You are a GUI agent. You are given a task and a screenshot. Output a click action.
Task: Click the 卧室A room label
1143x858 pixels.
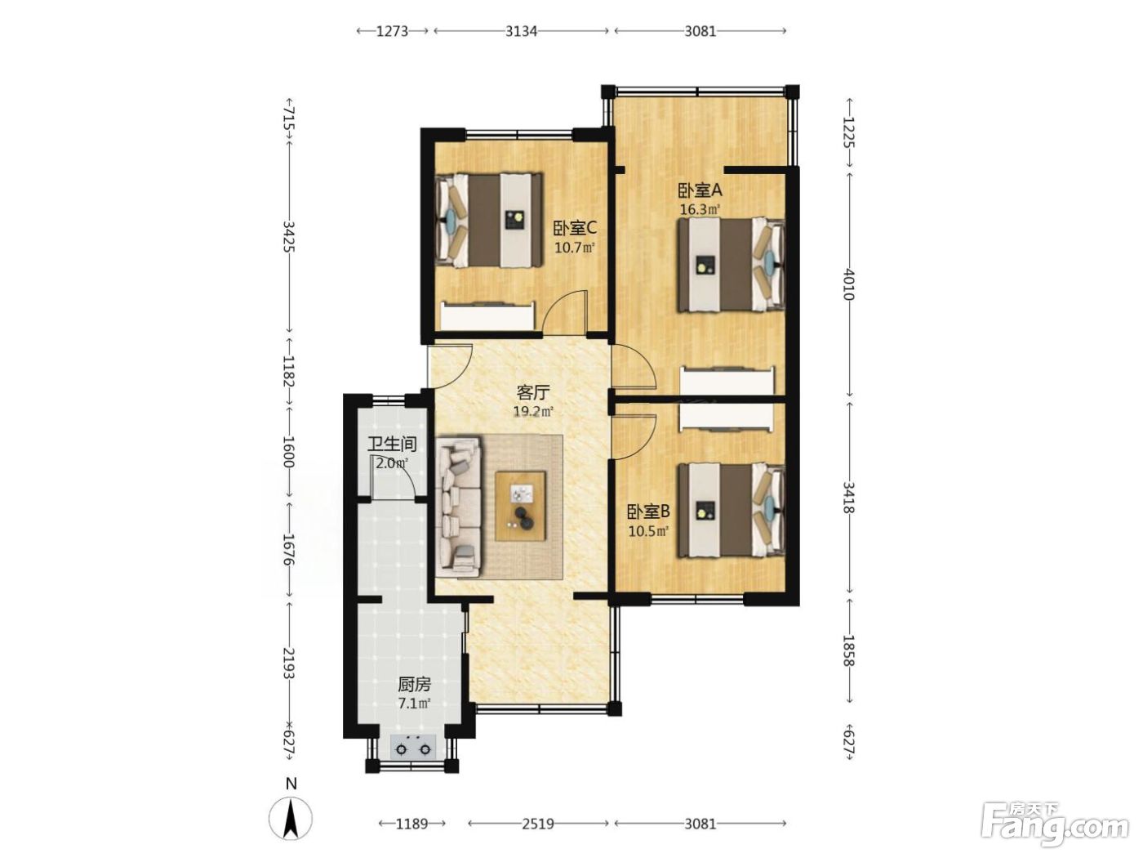click(x=700, y=190)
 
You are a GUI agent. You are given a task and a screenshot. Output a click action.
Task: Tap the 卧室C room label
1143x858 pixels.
click(x=574, y=228)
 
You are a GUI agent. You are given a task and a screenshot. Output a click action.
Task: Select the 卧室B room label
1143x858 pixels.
click(x=647, y=512)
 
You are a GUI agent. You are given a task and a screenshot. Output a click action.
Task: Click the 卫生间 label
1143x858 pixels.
click(x=393, y=444)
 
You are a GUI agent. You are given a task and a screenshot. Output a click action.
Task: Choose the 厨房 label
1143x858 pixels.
click(x=415, y=683)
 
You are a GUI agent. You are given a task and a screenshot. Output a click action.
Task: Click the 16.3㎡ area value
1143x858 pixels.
click(x=700, y=209)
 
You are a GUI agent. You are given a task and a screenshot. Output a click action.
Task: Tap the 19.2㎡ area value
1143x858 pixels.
click(x=533, y=412)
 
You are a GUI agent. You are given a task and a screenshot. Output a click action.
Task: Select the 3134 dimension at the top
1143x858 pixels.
click(x=521, y=31)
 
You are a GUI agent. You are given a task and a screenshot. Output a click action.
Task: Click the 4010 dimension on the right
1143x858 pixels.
click(x=849, y=284)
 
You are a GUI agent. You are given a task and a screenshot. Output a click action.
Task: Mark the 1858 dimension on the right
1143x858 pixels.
click(x=849, y=650)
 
